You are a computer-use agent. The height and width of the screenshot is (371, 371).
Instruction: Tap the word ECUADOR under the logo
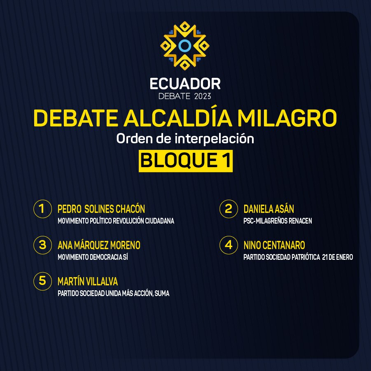pyautogui.click(x=185, y=84)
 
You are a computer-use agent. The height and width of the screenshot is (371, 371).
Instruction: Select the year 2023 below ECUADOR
pyautogui.click(x=203, y=96)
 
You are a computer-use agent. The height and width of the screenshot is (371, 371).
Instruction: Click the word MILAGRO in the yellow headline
pyautogui.click(x=287, y=118)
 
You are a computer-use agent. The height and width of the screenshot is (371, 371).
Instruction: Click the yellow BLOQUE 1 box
pyautogui.click(x=185, y=161)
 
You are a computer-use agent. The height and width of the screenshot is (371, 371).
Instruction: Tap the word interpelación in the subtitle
pyautogui.click(x=215, y=138)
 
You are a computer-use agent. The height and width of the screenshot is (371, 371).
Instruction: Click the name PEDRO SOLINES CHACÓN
pyautogui.click(x=101, y=208)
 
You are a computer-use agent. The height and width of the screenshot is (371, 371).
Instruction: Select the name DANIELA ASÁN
pyautogui.click(x=269, y=208)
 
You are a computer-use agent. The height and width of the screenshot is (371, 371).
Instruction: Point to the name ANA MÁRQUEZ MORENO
pyautogui.click(x=99, y=245)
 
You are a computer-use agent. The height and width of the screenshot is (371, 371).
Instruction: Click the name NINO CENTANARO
pyautogui.click(x=274, y=245)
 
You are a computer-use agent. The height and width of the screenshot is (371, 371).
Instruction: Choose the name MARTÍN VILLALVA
pyautogui.click(x=88, y=281)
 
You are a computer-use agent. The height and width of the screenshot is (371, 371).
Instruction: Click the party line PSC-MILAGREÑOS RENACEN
pyautogui.click(x=278, y=221)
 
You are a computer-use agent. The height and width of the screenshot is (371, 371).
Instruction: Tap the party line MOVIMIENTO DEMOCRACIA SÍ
pyautogui.click(x=93, y=257)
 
